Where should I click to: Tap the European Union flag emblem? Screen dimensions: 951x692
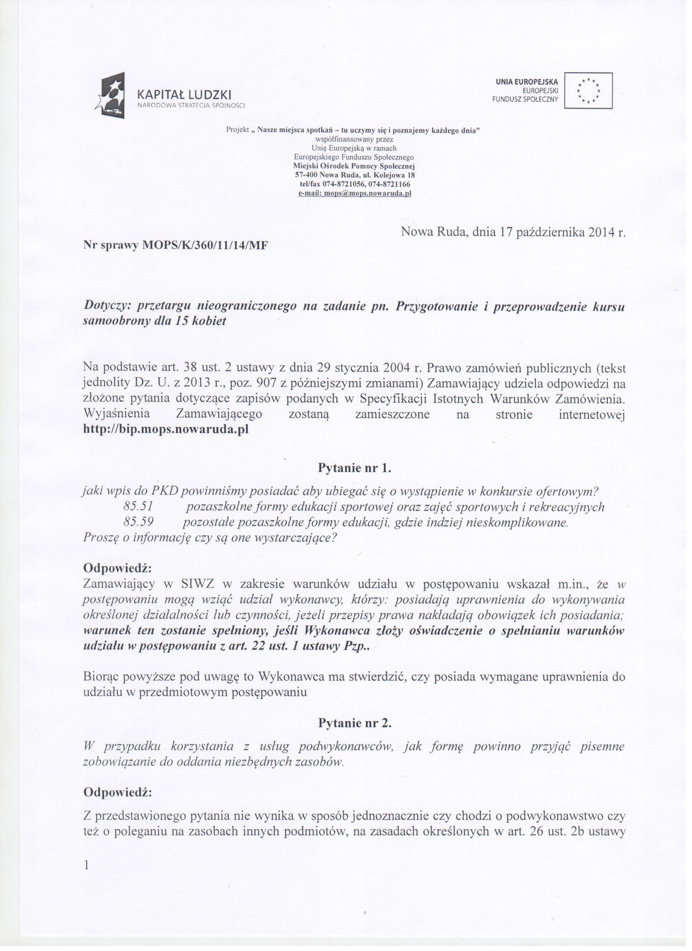(x=588, y=91)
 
